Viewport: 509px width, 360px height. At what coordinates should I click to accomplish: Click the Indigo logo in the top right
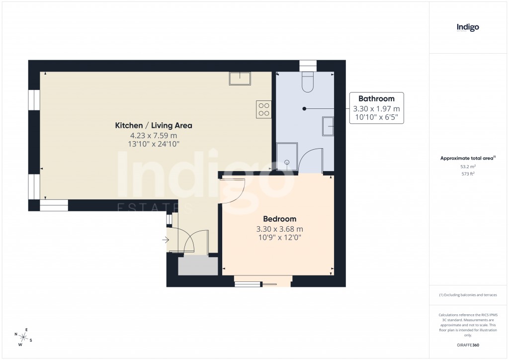pyautogui.click(x=468, y=28)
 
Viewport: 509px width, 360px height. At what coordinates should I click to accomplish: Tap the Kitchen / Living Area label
pyautogui.click(x=154, y=125)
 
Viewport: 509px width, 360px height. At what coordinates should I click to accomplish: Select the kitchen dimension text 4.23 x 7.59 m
pyautogui.click(x=154, y=135)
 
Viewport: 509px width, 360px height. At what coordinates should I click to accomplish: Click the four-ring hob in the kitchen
pyautogui.click(x=264, y=109)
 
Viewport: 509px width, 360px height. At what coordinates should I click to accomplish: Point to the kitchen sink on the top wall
pyautogui.click(x=240, y=78)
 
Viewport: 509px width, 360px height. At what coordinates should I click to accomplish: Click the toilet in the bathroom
pyautogui.click(x=308, y=82)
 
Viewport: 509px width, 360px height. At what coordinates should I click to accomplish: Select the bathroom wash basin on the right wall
pyautogui.click(x=328, y=126)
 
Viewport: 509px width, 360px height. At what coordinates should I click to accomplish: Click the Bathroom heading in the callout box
pyautogui.click(x=376, y=98)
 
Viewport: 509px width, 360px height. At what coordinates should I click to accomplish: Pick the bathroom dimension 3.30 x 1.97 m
pyautogui.click(x=376, y=109)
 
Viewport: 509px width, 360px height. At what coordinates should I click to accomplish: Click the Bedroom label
pyautogui.click(x=279, y=219)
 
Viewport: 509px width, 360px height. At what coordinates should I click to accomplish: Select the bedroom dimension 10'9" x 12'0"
pyautogui.click(x=279, y=238)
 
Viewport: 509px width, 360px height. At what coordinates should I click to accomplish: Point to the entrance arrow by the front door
pyautogui.click(x=165, y=240)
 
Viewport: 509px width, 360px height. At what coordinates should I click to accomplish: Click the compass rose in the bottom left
pyautogui.click(x=23, y=337)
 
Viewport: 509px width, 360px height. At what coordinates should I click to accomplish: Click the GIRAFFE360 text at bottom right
pyautogui.click(x=467, y=345)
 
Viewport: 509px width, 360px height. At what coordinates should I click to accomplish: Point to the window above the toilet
pyautogui.click(x=308, y=66)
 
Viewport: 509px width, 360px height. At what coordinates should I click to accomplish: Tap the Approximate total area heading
pyautogui.click(x=467, y=158)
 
